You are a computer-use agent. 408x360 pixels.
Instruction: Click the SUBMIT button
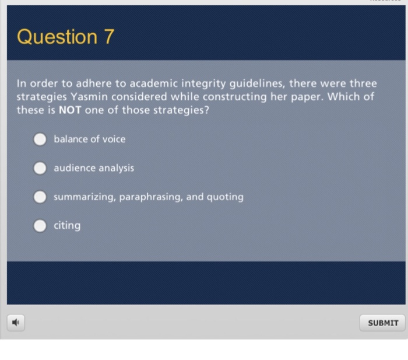tap(383, 323)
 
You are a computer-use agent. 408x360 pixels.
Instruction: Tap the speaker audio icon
tap(17, 322)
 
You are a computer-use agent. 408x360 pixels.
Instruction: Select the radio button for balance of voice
tap(40, 139)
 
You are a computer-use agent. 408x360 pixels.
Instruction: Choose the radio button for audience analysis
tap(40, 168)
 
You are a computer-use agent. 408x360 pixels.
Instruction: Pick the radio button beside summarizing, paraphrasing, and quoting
tap(40, 197)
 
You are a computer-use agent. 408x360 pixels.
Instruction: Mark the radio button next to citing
tap(40, 226)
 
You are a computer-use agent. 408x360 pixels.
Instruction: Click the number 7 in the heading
tap(109, 37)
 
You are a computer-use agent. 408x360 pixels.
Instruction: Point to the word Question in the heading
tap(57, 37)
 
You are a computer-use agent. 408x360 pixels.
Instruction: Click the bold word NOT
tap(70, 110)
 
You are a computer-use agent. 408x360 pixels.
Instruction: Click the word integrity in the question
tap(212, 83)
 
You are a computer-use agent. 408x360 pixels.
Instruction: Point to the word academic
tap(157, 83)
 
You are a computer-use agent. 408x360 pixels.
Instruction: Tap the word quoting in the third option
tap(225, 197)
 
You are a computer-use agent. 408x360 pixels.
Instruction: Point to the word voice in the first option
tap(114, 139)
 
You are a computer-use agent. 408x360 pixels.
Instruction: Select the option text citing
tap(67, 225)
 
